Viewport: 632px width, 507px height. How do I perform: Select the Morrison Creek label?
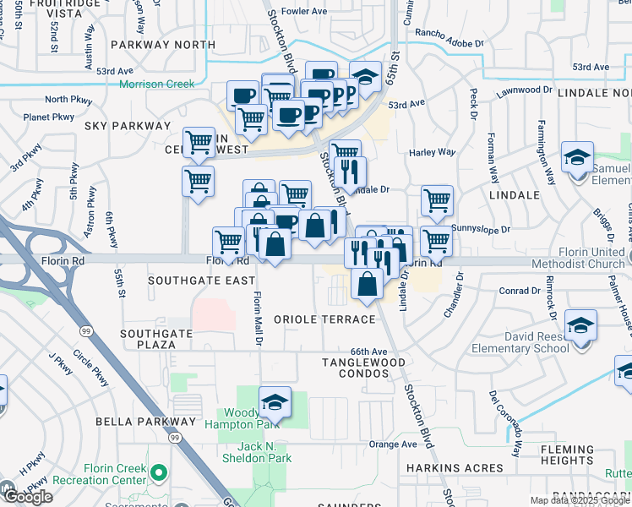(x=156, y=84)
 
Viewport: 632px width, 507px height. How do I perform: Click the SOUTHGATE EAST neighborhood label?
(x=201, y=280)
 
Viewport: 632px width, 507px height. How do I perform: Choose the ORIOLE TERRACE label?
(x=324, y=319)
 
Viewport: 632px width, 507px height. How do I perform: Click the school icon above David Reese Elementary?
(x=580, y=326)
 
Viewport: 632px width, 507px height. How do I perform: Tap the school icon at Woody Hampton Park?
(x=274, y=402)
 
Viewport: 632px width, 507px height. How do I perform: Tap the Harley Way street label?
(x=432, y=152)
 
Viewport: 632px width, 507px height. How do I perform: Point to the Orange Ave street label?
(x=393, y=444)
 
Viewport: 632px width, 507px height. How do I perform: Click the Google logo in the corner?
(x=27, y=496)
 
